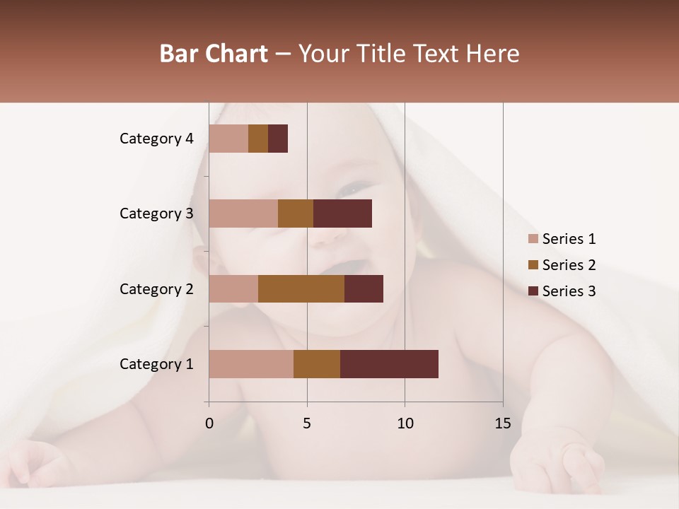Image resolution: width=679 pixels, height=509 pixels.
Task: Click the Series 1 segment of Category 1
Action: (251, 364)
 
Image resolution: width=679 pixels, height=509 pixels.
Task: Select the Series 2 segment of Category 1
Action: (317, 364)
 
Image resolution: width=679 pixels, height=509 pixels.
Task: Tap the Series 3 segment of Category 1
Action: (389, 364)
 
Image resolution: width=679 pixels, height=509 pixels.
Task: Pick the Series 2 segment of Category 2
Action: (301, 288)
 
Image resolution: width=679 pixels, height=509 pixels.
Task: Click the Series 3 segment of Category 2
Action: (364, 288)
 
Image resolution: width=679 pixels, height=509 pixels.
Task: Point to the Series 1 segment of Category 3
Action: (243, 213)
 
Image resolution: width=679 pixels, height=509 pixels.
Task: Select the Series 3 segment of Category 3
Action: (342, 213)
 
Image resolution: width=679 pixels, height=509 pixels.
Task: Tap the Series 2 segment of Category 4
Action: (258, 139)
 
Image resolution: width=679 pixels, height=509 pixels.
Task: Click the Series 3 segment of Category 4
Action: (278, 139)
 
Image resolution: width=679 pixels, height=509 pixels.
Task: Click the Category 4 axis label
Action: (156, 139)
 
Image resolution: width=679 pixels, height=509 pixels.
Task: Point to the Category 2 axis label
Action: (156, 288)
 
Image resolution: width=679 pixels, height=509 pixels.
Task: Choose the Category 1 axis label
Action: (156, 364)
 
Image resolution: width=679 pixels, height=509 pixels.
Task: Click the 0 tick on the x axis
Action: (209, 423)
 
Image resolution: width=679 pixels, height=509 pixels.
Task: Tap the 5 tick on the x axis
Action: (307, 423)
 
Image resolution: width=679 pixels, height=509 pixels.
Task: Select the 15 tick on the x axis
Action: (502, 423)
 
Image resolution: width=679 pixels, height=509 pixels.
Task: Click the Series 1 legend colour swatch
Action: (533, 239)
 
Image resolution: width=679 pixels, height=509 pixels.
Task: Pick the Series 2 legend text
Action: (569, 265)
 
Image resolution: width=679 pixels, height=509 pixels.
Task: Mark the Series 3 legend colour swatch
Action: (533, 291)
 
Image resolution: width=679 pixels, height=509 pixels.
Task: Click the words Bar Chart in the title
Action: (214, 53)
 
